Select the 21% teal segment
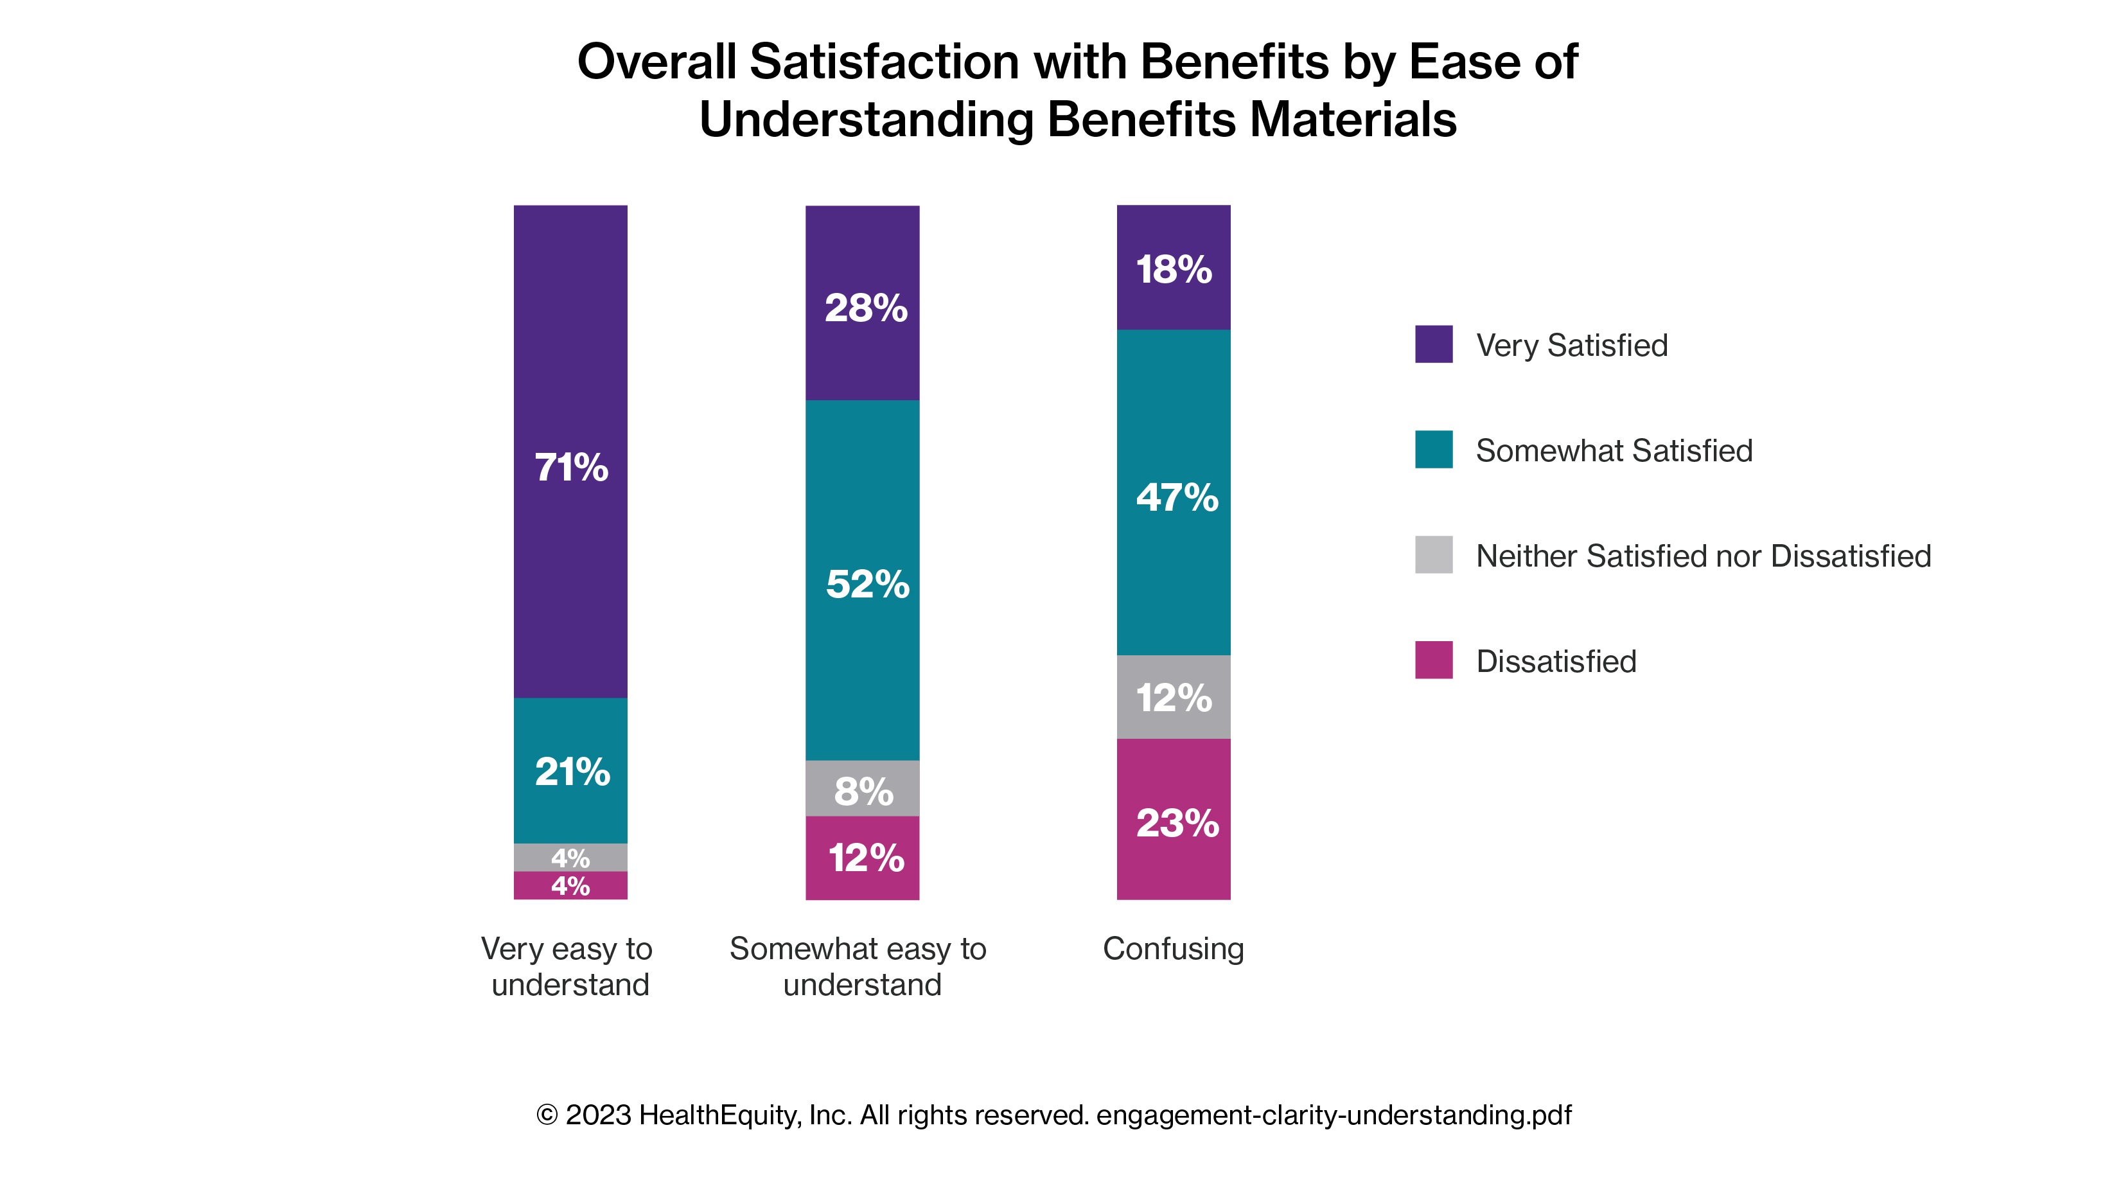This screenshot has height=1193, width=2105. [x=570, y=770]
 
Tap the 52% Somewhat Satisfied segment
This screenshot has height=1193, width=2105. [x=863, y=580]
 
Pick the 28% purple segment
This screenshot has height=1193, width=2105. [x=863, y=303]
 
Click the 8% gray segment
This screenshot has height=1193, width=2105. [x=863, y=788]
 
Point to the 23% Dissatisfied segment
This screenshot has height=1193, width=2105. [x=1174, y=819]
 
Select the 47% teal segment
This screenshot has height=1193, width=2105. [x=1174, y=493]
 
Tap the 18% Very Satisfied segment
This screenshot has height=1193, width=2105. [x=1174, y=267]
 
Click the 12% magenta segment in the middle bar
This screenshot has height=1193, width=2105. [x=863, y=858]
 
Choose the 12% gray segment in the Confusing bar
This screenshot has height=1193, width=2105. [x=1174, y=697]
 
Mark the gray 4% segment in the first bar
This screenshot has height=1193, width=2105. [x=570, y=857]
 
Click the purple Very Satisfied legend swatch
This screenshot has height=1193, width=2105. [x=1433, y=344]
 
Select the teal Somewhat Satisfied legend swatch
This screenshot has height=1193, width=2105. [x=1433, y=450]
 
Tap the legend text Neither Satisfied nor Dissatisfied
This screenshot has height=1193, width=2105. [x=1703, y=556]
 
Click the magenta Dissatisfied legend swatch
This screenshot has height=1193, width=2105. [x=1433, y=660]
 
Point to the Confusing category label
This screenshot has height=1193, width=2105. [x=1173, y=949]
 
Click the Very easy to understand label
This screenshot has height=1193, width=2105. [x=567, y=966]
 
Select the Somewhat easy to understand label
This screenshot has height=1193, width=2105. [x=858, y=966]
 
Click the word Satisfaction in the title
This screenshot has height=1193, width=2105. [x=885, y=62]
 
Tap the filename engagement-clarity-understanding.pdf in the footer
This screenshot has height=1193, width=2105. [x=1334, y=1115]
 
